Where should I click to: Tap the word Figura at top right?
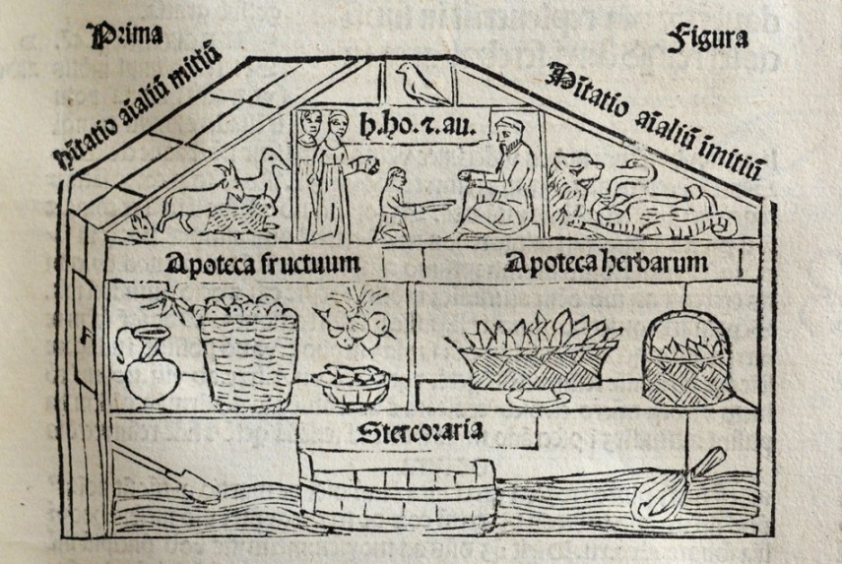pyautogui.click(x=707, y=39)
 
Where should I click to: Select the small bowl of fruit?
pyautogui.click(x=350, y=385)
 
